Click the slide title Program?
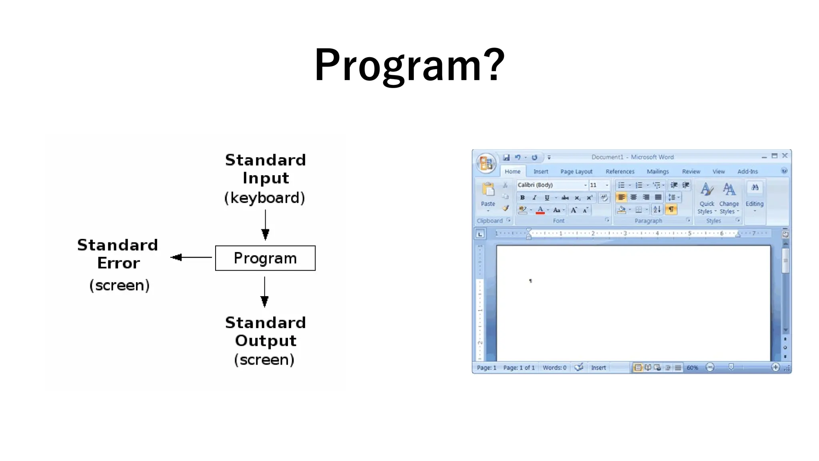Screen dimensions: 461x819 409,65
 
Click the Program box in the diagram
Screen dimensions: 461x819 265,258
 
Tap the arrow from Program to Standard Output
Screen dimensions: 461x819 264,292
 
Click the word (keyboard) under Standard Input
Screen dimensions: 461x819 265,198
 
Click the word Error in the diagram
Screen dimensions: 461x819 118,263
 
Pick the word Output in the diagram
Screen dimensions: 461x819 266,341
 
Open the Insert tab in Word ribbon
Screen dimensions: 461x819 541,171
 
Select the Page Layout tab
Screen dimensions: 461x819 576,171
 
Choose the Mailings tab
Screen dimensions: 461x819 657,171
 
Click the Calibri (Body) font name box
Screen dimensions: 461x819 550,185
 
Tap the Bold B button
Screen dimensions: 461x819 522,198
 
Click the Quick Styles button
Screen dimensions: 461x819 707,198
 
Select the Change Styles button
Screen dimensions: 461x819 729,198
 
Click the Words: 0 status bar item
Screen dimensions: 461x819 554,367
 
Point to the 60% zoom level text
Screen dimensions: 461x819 692,367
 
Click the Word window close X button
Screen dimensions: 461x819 785,156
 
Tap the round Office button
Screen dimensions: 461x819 486,163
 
